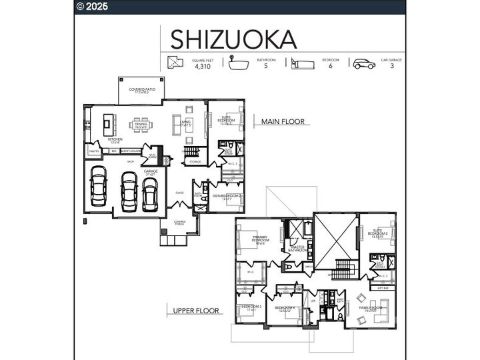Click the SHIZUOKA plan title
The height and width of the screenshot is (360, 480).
[233, 39]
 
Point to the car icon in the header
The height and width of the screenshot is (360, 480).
[364, 63]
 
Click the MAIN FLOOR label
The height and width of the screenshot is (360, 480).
[283, 121]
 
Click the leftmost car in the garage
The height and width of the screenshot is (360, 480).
[99, 186]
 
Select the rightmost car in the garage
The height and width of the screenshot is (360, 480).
[150, 194]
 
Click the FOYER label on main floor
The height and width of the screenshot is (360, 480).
[179, 193]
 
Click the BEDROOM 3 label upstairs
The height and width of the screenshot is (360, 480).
[251, 308]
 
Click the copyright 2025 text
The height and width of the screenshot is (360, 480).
[93, 7]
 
